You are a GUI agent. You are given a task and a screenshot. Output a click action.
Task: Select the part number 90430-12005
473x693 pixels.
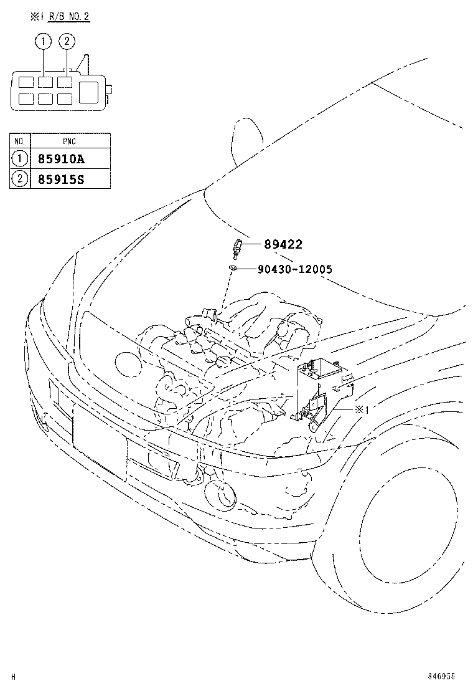(x=294, y=269)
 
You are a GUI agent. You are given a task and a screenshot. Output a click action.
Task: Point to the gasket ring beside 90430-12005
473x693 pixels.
(x=232, y=268)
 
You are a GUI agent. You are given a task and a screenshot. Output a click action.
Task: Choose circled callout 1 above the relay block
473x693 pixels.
(x=43, y=42)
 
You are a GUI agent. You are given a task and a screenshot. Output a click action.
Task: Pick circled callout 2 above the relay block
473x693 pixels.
(x=67, y=42)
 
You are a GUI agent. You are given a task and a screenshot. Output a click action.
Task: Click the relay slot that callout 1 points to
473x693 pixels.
(x=44, y=82)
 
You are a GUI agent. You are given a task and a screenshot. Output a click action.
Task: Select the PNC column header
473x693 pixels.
(x=70, y=141)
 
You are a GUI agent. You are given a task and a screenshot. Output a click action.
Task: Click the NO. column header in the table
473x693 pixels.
(x=20, y=141)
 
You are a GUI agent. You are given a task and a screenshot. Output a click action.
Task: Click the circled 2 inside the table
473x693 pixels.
(x=20, y=179)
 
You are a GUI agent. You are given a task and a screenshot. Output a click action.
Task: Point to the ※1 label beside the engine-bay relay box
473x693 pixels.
(x=363, y=409)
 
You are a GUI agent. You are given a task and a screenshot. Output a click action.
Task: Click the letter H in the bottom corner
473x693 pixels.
(x=13, y=676)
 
